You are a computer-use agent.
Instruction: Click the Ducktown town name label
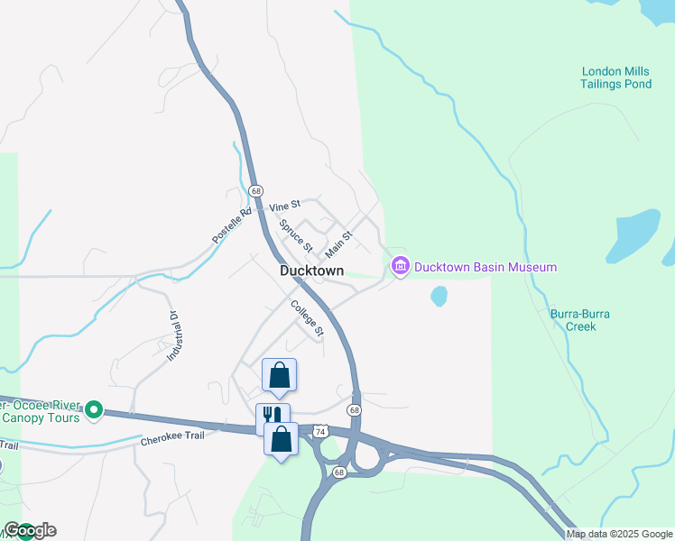tap(311, 270)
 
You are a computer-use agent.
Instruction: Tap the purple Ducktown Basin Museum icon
tap(400, 266)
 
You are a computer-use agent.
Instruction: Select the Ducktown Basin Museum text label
tap(485, 268)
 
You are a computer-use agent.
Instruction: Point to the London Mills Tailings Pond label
tap(616, 78)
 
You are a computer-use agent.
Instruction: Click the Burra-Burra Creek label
tap(580, 320)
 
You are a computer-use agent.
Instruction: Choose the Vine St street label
tap(284, 206)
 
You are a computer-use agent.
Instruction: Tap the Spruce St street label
tap(296, 235)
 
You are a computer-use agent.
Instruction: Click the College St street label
tap(307, 318)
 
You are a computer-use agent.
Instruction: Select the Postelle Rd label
tap(231, 225)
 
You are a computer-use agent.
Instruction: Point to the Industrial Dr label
tap(173, 336)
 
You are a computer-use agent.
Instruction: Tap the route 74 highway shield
tap(320, 433)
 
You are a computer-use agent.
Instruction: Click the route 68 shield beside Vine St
tap(256, 191)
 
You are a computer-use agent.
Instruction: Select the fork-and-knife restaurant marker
tap(272, 417)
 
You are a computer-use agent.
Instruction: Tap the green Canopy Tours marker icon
tap(93, 411)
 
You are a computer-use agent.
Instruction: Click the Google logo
tap(30, 530)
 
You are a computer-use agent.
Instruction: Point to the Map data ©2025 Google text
tap(619, 534)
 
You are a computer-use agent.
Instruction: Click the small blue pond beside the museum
tap(439, 296)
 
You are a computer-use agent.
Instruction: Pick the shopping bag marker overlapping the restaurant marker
tap(281, 439)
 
